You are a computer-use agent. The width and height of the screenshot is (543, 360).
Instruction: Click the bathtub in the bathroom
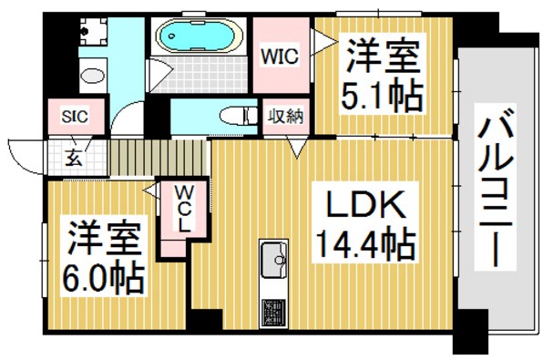(x=199, y=39)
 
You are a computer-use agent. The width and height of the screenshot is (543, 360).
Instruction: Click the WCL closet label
(x=183, y=209)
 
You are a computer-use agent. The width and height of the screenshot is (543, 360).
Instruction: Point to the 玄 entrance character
(x=71, y=156)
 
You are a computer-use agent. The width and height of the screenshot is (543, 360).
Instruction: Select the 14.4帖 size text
(x=365, y=244)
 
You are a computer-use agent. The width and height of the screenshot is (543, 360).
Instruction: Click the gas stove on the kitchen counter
(x=272, y=313)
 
